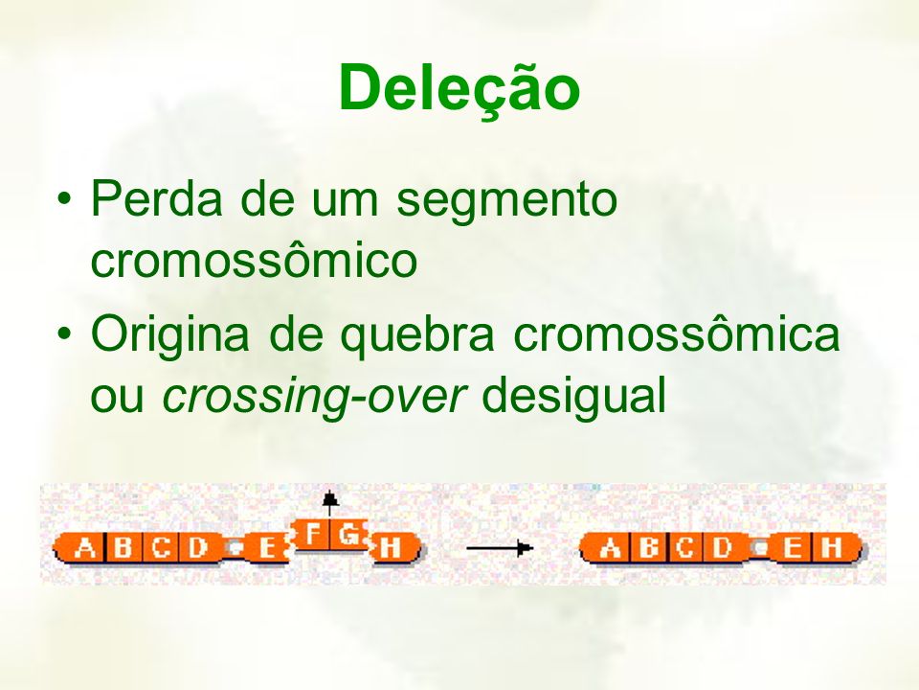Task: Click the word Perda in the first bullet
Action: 156,198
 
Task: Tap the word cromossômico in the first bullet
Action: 254,259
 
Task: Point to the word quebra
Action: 417,336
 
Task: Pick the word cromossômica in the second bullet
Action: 677,333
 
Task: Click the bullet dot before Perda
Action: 64,199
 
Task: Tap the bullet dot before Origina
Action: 64,333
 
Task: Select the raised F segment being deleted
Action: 312,535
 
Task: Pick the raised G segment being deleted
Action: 349,535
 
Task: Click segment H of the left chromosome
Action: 395,548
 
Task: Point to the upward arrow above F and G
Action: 330,505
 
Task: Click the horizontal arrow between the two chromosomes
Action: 500,548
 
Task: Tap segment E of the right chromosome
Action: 792,548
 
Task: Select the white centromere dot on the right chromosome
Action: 760,548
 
